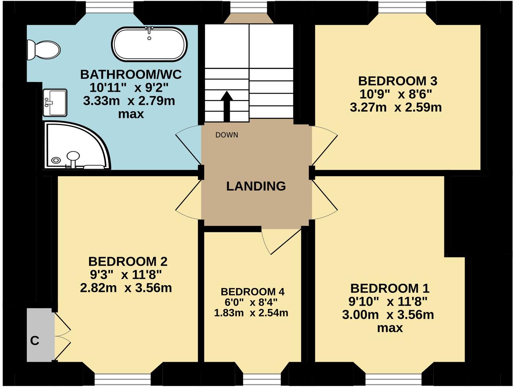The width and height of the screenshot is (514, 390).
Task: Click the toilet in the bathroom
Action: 43,49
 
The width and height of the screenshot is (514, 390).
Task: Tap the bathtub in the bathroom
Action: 149,44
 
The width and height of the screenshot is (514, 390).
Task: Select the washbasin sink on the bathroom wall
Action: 55,102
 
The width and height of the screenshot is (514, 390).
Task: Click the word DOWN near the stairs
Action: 227,135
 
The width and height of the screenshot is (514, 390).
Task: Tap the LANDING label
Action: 256,186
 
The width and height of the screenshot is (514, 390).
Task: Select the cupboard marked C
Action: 38,335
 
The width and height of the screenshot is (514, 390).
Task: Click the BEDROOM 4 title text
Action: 253,292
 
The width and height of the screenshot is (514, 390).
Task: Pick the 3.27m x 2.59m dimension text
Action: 396,107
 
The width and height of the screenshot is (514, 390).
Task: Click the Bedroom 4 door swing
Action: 280,240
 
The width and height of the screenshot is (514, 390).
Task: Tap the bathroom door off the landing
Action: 189,145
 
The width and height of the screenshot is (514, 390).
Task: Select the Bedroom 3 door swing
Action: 324,145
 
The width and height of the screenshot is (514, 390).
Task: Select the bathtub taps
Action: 149,31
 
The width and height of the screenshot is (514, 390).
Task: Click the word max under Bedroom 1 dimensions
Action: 390,328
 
